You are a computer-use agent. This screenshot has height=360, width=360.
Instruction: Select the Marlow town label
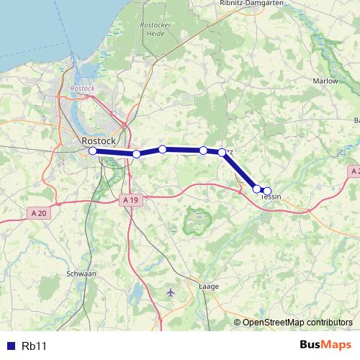(x=325, y=81)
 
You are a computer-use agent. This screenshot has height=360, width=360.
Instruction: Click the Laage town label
(x=207, y=286)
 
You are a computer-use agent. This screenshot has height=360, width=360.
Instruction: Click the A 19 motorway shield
(x=130, y=199)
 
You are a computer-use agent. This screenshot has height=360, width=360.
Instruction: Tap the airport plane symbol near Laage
(x=170, y=292)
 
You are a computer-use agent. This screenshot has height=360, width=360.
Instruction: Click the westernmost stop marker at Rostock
(x=92, y=151)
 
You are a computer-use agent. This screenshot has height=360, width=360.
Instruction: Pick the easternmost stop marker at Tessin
(x=267, y=191)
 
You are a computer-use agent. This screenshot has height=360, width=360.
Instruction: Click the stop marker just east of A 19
(x=136, y=154)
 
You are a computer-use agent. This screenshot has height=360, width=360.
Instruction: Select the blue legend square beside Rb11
(x=11, y=346)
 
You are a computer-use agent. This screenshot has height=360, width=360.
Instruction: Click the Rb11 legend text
(x=34, y=346)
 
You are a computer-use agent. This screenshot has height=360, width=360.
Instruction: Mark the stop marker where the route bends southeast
(x=222, y=152)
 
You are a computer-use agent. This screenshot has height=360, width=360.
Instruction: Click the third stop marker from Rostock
(x=163, y=149)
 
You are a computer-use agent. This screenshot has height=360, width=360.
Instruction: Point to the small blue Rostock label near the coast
(x=83, y=88)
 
